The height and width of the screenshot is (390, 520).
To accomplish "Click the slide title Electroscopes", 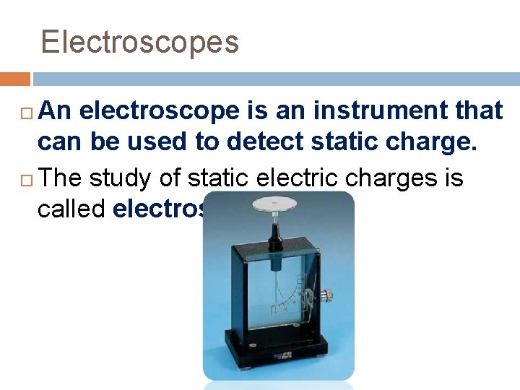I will click(139, 42).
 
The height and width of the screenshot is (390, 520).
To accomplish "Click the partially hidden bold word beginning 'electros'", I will click(158, 209).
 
